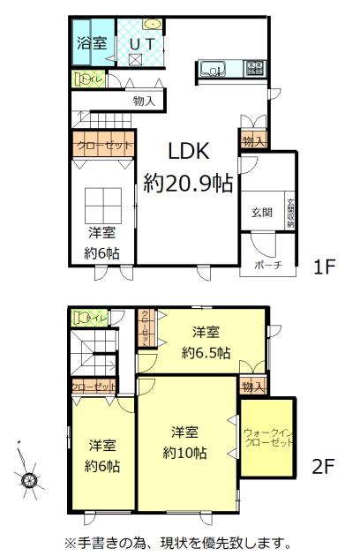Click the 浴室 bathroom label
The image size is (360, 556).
coord(87,41)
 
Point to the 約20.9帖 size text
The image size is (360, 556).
coord(188,184)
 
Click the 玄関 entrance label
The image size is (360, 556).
coord(262,211)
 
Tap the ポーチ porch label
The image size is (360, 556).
coord(266,265)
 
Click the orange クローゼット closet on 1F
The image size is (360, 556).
coord(103,145)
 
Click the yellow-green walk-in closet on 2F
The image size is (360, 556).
coord(267,440)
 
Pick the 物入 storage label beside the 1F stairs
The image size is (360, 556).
coord(145,101)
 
